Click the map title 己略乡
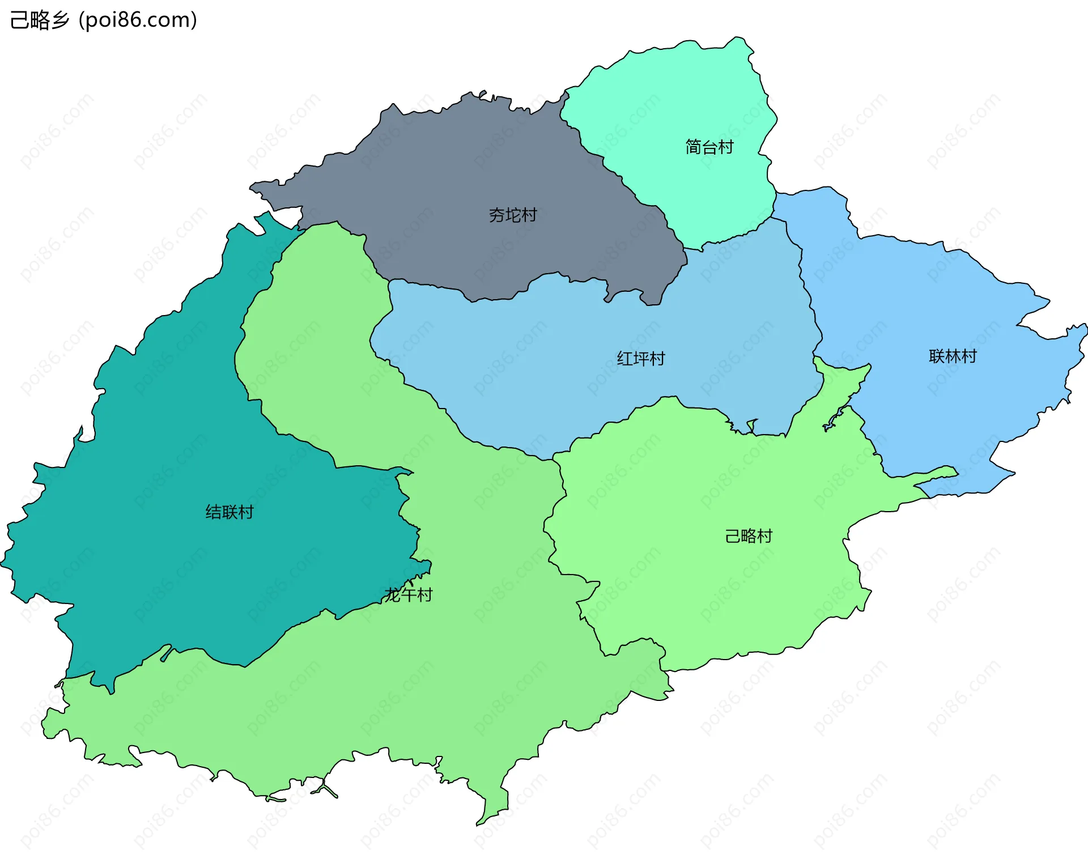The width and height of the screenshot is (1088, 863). [40, 20]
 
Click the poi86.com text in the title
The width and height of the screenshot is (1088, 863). [138, 20]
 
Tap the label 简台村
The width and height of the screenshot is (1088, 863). [709, 147]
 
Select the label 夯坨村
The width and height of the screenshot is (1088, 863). [513, 215]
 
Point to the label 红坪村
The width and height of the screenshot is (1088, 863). [641, 359]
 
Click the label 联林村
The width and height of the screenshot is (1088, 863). [953, 356]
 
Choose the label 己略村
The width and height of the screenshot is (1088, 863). [749, 536]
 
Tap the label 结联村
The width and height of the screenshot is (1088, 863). [229, 512]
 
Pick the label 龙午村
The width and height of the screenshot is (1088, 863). [409, 595]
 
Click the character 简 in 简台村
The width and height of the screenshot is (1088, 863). [694, 147]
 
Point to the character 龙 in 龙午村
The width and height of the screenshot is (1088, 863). [393, 595]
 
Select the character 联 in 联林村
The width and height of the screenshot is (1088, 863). [937, 356]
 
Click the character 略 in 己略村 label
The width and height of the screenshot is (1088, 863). [749, 536]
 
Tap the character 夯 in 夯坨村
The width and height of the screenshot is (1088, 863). [497, 215]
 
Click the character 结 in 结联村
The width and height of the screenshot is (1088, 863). [214, 512]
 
